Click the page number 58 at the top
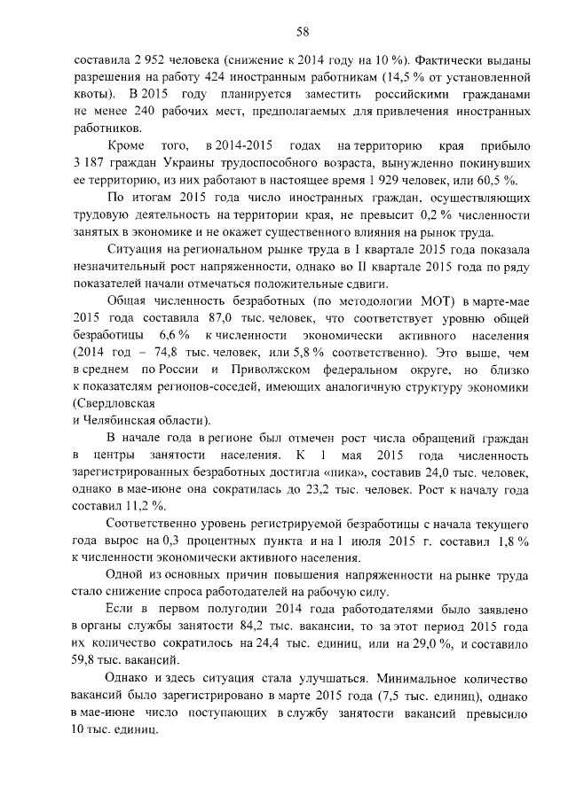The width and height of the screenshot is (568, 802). (x=302, y=33)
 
